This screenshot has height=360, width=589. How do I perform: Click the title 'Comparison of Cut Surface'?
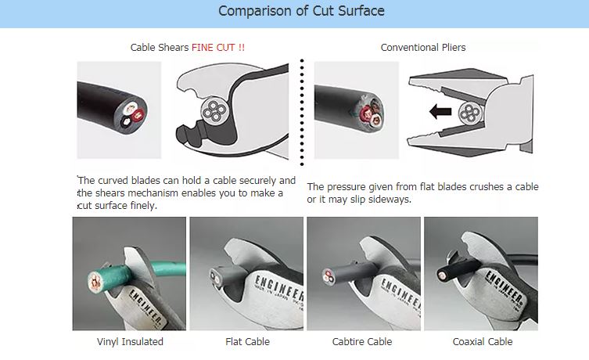tap(301, 11)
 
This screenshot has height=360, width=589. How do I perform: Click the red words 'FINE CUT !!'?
tap(218, 48)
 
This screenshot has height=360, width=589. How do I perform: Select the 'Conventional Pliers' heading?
tap(423, 48)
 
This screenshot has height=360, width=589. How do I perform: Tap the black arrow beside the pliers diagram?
tap(440, 112)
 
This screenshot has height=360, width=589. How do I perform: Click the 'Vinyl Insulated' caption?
tap(130, 341)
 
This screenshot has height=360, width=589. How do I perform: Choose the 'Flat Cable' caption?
tap(247, 341)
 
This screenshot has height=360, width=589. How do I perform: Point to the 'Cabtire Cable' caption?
tap(362, 341)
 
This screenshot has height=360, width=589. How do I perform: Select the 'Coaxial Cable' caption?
tap(483, 341)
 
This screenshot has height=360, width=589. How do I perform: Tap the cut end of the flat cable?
tap(215, 277)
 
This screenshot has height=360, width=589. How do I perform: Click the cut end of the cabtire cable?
tap(328, 275)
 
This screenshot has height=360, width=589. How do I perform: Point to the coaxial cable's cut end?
tap(443, 275)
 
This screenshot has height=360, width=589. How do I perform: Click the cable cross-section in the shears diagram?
tap(214, 111)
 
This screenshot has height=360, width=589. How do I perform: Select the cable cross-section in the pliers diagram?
tap(471, 113)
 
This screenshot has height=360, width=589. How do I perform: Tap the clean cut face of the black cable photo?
tap(133, 114)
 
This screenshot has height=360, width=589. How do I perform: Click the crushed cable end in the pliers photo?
tap(370, 112)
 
